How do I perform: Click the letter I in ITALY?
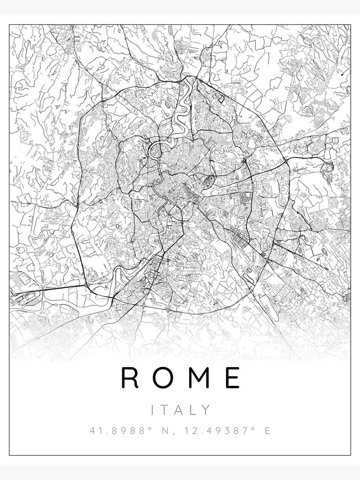click(x=153, y=410)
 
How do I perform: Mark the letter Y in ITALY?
click(x=206, y=410)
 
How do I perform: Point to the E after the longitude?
click(x=267, y=431)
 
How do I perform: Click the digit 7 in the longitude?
click(x=242, y=431)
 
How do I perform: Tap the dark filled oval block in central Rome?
click(x=209, y=182)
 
